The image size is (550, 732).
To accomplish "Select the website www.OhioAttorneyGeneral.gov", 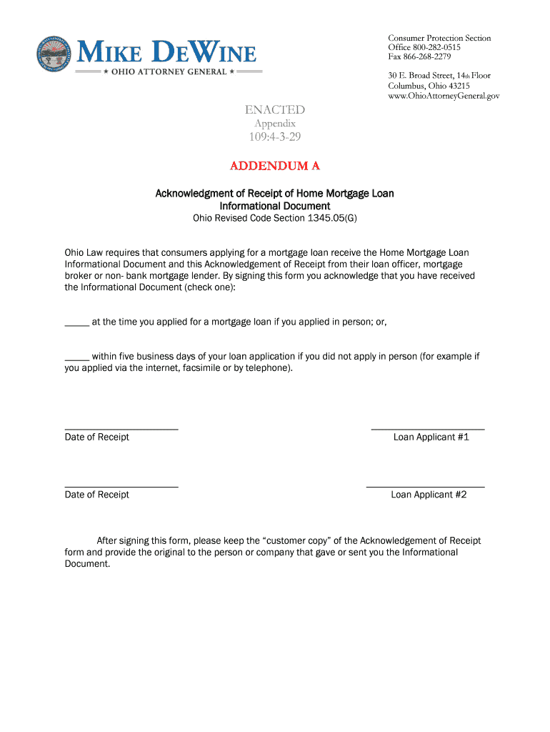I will pos(444,95).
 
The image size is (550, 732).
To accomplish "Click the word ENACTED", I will pos(275,109).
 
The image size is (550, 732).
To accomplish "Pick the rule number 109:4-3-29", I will pos(275,137).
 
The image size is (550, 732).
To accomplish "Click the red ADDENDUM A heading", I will pos(275,166).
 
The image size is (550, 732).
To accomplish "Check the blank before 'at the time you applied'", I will pos(76,322).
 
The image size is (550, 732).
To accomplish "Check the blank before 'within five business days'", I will pos(76,357).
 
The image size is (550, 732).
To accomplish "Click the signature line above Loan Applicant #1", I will pos(427,428).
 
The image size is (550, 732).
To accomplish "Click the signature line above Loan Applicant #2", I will pos(425,486).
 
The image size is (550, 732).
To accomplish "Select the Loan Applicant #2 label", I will pos(429,495).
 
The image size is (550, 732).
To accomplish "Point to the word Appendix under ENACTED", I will pos(275,123).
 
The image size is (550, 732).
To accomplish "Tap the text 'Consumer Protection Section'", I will pos(439,38).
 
